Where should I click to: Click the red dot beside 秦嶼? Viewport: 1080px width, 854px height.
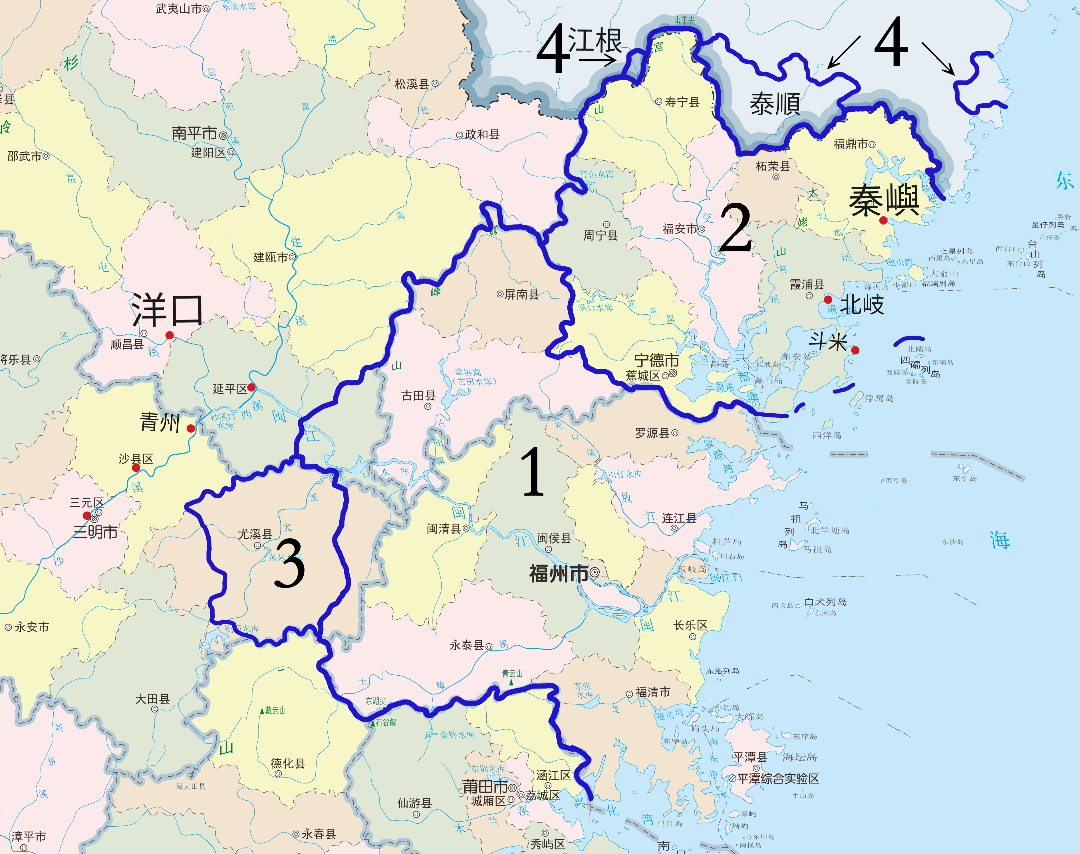(884, 220)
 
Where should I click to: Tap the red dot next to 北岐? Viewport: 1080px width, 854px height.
(828, 299)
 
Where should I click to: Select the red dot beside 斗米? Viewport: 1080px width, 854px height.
(855, 350)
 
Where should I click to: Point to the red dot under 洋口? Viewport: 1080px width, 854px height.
(170, 335)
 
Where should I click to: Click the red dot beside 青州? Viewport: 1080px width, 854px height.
(190, 428)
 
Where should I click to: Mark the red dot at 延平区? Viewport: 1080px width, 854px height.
(251, 388)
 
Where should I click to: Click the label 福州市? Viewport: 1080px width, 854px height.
(559, 573)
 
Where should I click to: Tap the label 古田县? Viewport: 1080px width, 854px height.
(418, 396)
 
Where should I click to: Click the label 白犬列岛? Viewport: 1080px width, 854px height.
(825, 602)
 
